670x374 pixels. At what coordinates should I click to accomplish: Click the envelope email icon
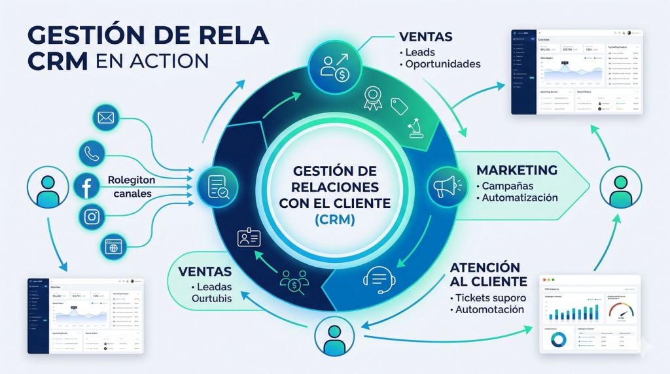(x=105, y=119)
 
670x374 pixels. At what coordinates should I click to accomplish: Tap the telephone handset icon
(x=90, y=154)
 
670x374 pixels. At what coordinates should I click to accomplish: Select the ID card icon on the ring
(x=249, y=238)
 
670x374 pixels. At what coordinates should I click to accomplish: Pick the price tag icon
(x=399, y=106)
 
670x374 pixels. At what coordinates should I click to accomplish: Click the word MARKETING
(x=517, y=170)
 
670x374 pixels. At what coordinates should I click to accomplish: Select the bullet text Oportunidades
(x=443, y=64)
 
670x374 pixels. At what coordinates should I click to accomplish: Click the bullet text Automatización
(x=520, y=197)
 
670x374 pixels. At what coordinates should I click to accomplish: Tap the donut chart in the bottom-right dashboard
(x=558, y=339)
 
